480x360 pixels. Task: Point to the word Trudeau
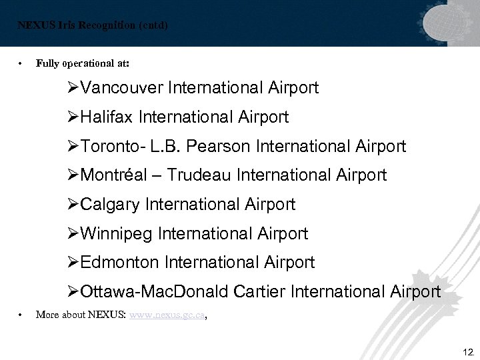[199, 175]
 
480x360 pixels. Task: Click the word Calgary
[110, 205]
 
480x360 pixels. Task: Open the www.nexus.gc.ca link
[167, 315]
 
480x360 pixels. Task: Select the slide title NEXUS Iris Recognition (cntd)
[93, 26]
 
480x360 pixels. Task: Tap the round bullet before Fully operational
[22, 64]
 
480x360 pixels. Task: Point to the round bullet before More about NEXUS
[22, 315]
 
